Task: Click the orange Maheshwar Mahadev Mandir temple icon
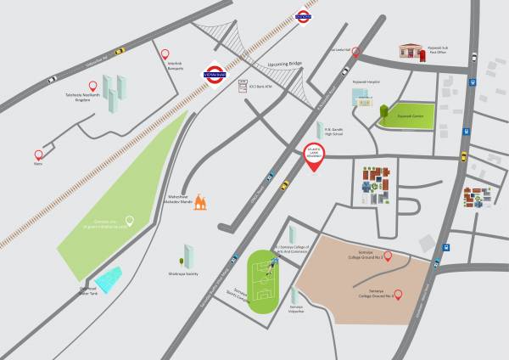[201, 201]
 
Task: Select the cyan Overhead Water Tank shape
[108, 277]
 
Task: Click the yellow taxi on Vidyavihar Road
[120, 50]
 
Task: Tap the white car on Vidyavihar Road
[52, 80]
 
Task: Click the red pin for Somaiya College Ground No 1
[388, 256]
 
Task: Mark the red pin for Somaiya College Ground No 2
[399, 295]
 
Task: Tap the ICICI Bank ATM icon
[243, 87]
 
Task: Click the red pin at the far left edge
[38, 155]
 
